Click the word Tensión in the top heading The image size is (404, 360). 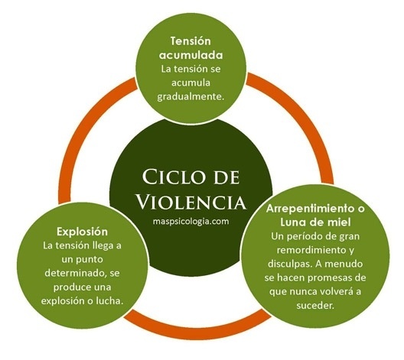click(x=191, y=41)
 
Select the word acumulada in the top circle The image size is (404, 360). click(x=191, y=55)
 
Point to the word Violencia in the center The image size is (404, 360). click(x=191, y=202)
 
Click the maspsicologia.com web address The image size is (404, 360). click(x=191, y=221)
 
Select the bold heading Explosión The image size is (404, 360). click(x=82, y=232)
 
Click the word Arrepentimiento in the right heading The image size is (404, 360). click(x=307, y=209)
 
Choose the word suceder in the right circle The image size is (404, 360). click(x=315, y=306)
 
